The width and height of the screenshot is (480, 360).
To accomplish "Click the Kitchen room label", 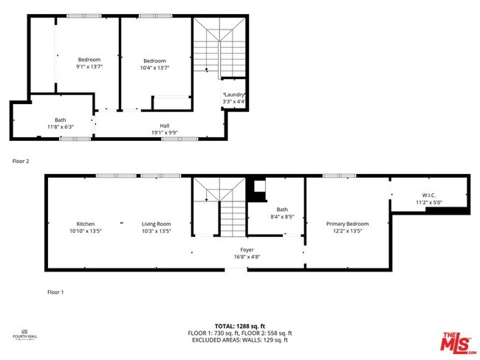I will tap(86, 224).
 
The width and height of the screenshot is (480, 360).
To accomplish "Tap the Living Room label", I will tap(157, 224).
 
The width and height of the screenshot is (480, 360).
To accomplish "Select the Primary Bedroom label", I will tap(347, 224).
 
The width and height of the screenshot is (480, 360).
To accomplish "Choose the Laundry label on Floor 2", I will tap(234, 95).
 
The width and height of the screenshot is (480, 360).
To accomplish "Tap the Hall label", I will tap(165, 125).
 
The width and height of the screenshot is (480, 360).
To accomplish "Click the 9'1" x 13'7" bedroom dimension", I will tap(89, 67).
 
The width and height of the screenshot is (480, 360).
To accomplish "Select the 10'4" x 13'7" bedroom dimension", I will tap(154, 67).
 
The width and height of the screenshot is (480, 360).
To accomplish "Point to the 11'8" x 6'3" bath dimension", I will tap(60, 126).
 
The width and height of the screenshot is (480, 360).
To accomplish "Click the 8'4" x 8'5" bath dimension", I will tap(282, 217).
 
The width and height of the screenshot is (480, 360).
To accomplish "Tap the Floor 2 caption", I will tap(21, 160).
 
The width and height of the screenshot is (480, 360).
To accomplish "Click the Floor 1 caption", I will tap(55, 292).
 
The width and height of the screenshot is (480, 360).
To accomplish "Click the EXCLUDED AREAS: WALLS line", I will tap(239, 340).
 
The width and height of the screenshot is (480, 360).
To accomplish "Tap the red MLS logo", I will tap(459, 344).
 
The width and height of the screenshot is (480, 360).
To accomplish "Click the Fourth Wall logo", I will tap(24, 336).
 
